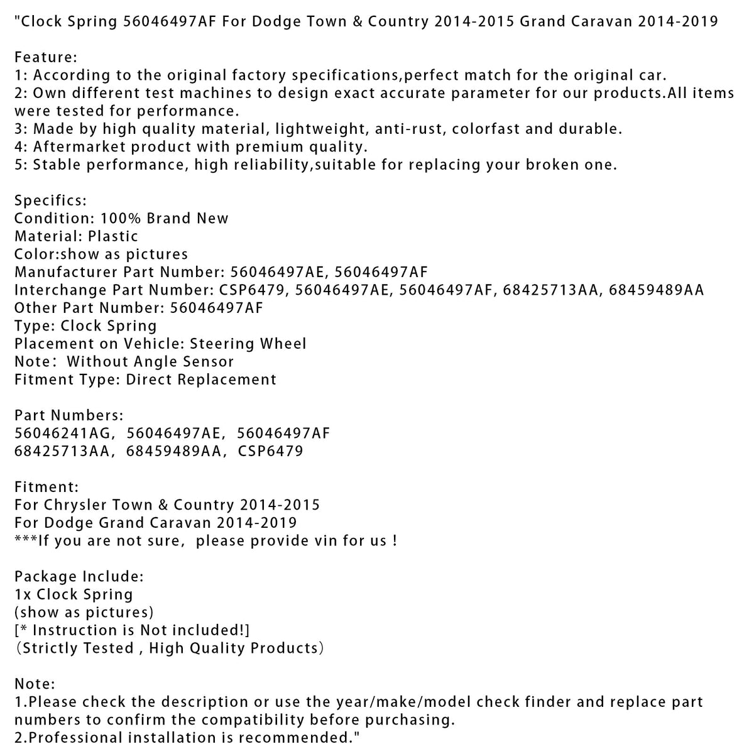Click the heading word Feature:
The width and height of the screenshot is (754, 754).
coord(45,57)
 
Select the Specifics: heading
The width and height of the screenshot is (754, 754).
coord(50,200)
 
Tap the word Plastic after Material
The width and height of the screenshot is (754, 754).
coord(113,236)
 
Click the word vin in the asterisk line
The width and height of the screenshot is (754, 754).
coord(327,541)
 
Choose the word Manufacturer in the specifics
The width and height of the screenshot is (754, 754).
coord(66,272)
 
